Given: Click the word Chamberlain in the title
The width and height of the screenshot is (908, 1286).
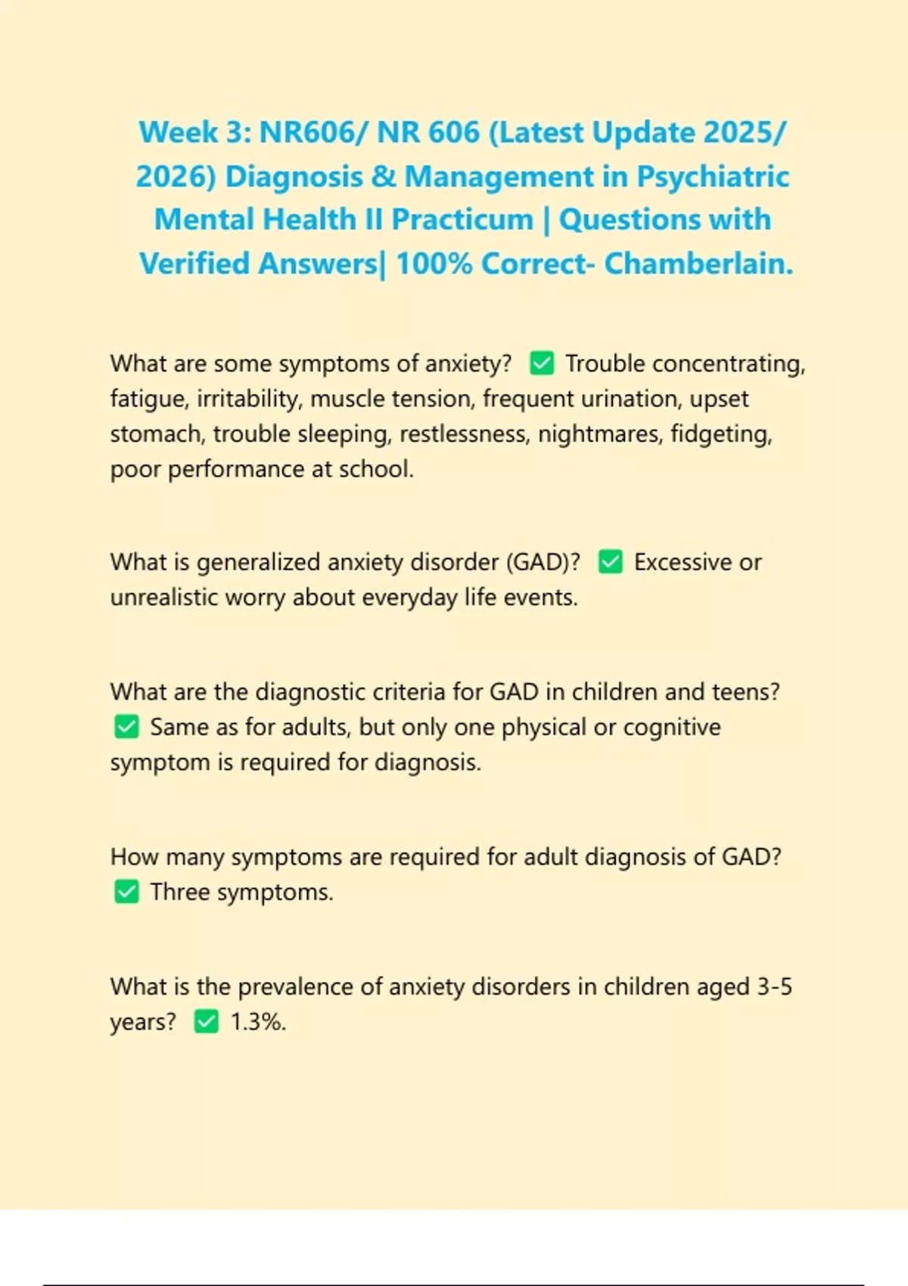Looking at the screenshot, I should [698, 264].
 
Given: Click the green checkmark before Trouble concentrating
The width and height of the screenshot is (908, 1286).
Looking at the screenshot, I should [542, 364].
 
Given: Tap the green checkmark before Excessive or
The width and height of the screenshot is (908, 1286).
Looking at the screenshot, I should [611, 562].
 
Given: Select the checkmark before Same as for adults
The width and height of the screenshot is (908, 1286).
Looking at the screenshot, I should [126, 727].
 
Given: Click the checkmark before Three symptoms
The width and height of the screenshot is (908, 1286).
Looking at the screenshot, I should [126, 892].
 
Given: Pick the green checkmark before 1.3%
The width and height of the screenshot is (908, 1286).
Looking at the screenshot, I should [206, 1022].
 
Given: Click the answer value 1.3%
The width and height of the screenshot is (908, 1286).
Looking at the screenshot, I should [258, 1022].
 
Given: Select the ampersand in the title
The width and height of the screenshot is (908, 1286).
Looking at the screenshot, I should [384, 176].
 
